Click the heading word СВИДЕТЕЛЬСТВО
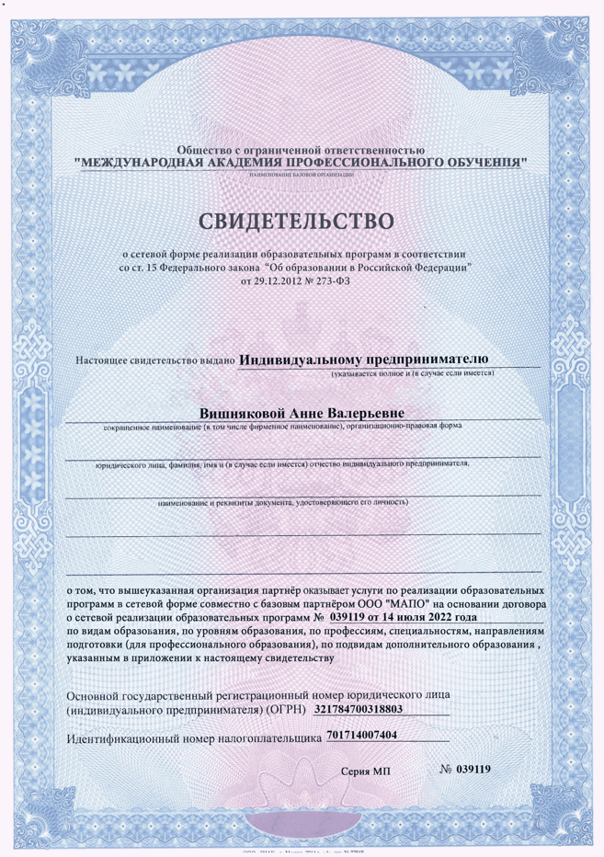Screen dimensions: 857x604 302,221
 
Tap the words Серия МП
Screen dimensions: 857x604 366,771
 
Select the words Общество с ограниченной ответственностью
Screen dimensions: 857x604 302,148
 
